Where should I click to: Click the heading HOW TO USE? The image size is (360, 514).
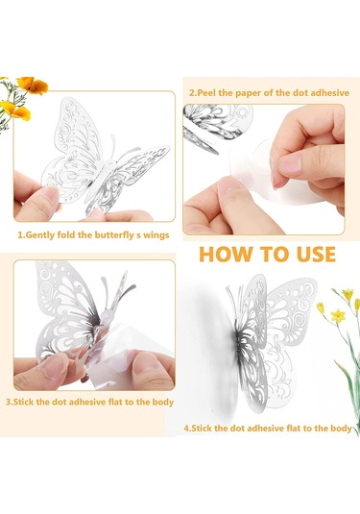[x=267, y=255]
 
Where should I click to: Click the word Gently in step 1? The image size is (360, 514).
[x=39, y=235]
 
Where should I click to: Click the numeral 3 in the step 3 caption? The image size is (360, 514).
[x=9, y=403]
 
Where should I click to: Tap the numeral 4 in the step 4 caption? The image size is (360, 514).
[x=186, y=428]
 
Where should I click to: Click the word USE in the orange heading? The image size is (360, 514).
[x=316, y=255]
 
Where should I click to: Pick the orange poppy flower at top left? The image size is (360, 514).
[x=32, y=85]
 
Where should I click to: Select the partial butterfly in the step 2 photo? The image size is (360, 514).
[x=216, y=126]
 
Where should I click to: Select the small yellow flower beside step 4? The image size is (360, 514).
[x=338, y=316]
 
